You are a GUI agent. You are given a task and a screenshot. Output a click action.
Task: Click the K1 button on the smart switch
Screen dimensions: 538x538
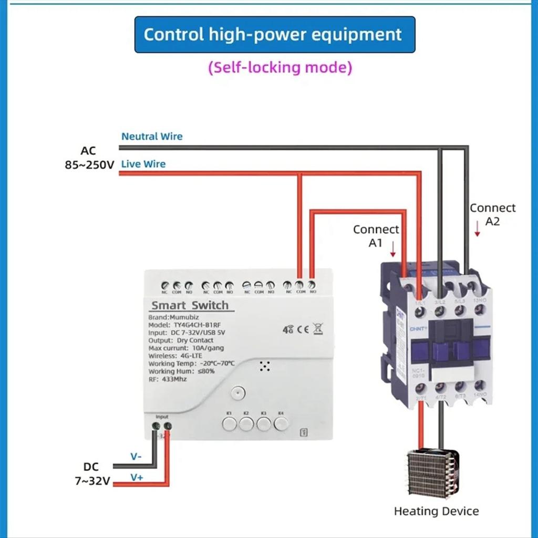[x=229, y=423]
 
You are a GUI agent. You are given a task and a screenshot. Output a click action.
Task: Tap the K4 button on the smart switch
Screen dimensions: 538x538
[x=281, y=423]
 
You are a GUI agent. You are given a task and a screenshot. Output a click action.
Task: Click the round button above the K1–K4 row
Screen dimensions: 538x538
[x=238, y=393]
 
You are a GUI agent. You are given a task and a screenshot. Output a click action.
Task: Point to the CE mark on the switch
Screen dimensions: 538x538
[x=303, y=330]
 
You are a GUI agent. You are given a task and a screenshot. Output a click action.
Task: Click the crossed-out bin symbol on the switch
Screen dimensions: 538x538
[x=318, y=329]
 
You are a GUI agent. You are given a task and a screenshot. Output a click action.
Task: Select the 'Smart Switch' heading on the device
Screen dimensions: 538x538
[x=190, y=305]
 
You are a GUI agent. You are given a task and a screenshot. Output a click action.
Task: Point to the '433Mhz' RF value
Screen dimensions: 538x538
[x=174, y=378]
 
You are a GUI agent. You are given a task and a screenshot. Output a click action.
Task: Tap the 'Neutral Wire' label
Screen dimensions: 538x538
[x=152, y=137]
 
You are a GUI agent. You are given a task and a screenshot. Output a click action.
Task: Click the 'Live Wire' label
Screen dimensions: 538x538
[x=143, y=164]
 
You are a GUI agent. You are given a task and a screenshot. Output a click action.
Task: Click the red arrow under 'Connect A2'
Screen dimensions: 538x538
[x=477, y=229]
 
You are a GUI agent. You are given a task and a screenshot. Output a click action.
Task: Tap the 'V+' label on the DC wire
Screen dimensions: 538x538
[x=137, y=477]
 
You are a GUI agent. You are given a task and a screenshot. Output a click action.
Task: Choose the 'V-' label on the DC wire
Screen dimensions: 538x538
[x=136, y=457]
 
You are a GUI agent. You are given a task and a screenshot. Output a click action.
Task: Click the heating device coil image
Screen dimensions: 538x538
[x=433, y=474]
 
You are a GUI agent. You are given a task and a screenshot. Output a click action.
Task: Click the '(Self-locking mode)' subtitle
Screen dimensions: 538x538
[x=280, y=68]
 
